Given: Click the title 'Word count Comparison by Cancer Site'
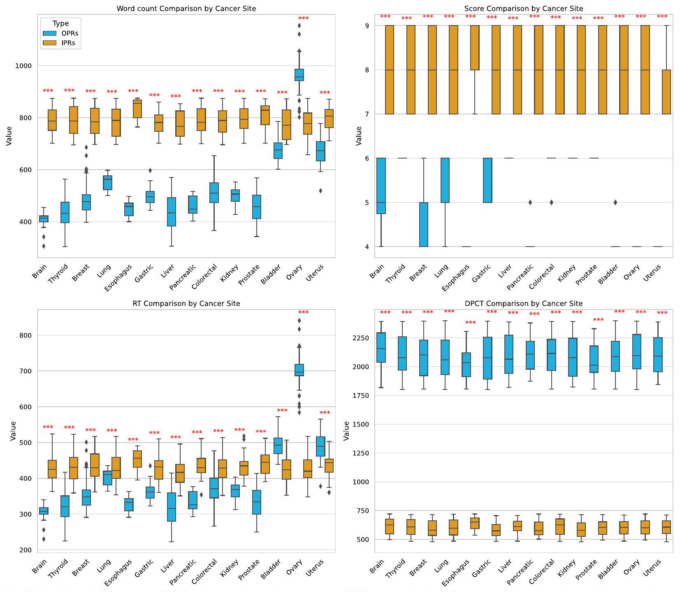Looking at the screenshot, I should tap(186, 9).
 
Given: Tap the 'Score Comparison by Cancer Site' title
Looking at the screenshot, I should tap(523, 9).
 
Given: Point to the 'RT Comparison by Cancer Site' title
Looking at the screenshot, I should tap(186, 303).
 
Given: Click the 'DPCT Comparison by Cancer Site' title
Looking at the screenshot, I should tap(523, 303).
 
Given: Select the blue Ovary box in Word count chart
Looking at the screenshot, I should tap(299, 75).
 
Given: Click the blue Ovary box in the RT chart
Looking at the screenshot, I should tap(299, 370).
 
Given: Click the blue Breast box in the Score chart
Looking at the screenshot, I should tap(424, 224).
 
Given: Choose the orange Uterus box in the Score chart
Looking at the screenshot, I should tap(666, 92).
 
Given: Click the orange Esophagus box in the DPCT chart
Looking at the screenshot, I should tap(475, 523).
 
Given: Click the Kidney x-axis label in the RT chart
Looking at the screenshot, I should tap(229, 570).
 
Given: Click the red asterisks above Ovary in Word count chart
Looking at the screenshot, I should tap(303, 19).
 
